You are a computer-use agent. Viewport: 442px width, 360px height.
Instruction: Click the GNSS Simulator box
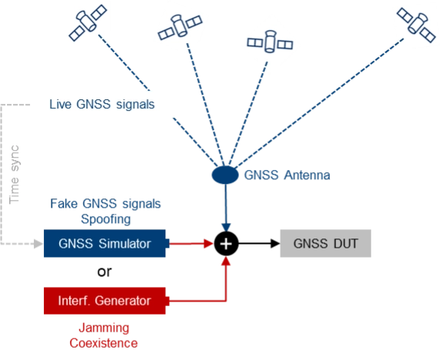105,245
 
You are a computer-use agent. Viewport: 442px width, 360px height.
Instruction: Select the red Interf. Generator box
105,300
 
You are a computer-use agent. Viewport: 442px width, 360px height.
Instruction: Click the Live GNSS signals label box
102,104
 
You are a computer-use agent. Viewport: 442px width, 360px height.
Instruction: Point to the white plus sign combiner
226,245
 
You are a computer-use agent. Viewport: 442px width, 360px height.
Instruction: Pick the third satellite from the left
270,42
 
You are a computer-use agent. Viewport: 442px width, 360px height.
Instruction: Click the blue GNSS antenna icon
224,175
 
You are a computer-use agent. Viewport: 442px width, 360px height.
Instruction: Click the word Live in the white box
61,104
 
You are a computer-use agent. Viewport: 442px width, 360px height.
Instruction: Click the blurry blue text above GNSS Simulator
105,210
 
